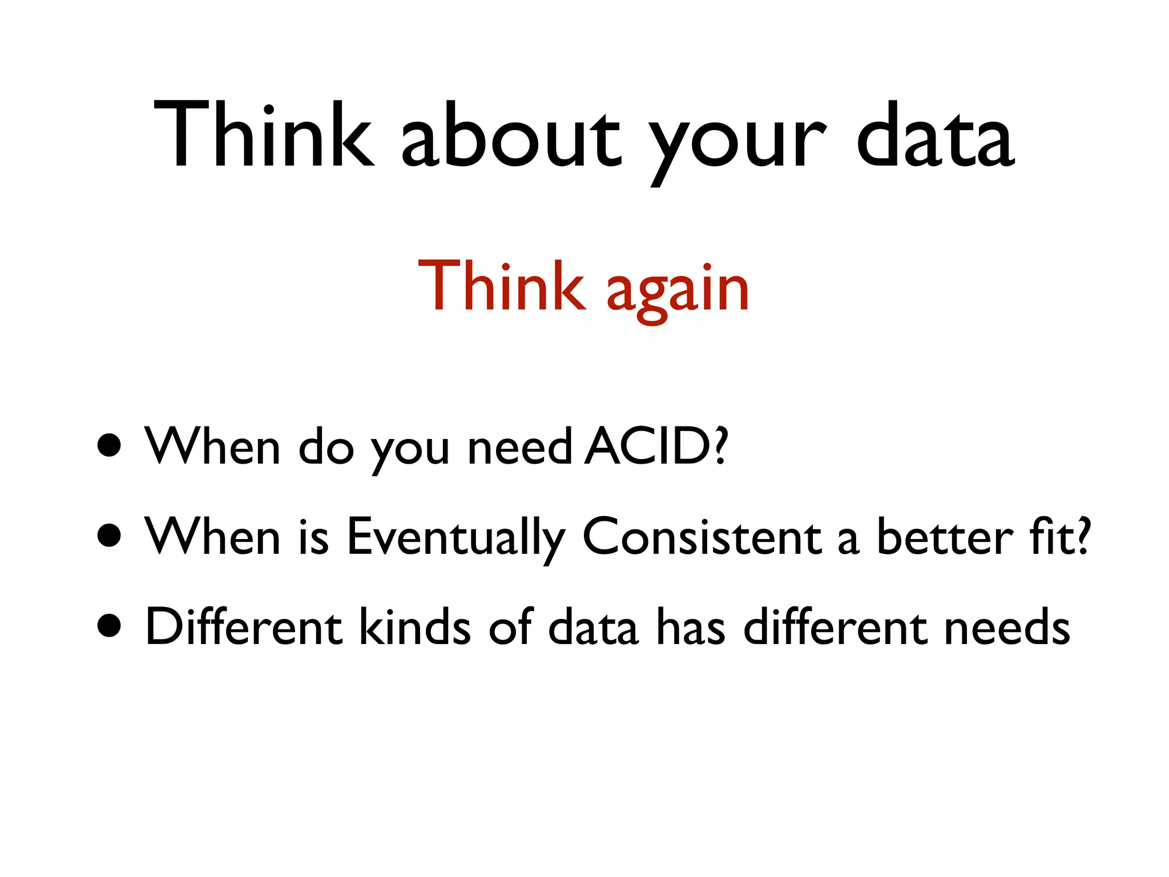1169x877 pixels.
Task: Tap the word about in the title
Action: (510, 137)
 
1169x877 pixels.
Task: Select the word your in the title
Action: (736, 143)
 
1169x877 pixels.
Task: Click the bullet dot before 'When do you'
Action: (109, 445)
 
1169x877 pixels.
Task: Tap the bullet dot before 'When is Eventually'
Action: (109, 536)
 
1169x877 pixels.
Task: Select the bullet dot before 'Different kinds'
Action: (109, 626)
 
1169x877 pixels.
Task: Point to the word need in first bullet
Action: (519, 448)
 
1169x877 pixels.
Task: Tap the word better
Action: (944, 537)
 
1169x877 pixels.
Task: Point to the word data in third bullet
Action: (592, 627)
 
